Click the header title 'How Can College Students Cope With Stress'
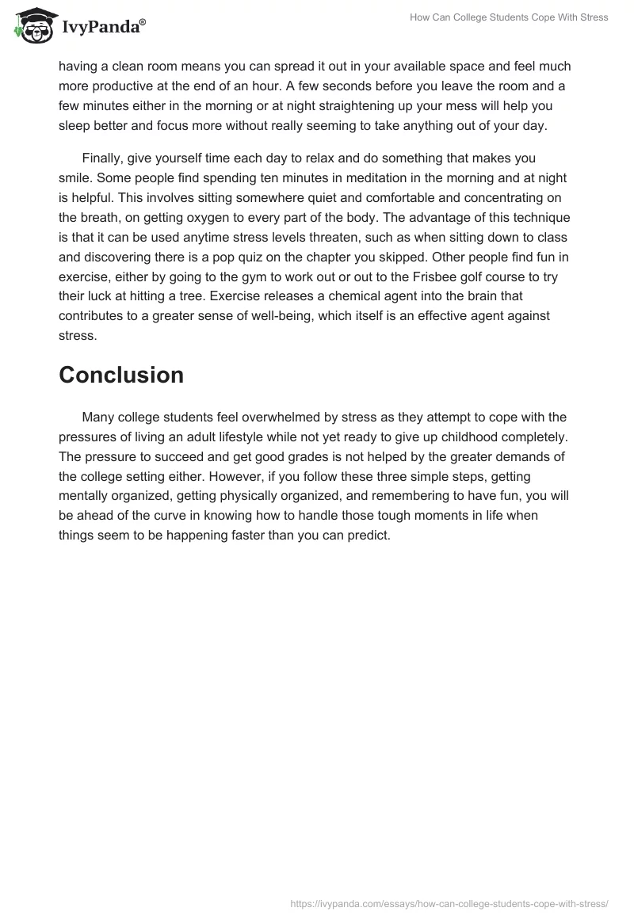(509, 17)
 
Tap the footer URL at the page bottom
(449, 902)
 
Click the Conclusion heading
(121, 375)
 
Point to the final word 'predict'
(369, 536)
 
